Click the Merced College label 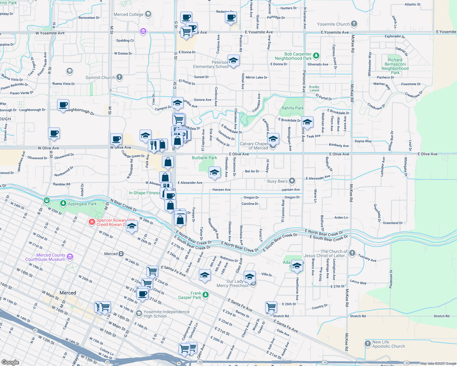click(128, 14)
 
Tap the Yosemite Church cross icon click(354, 24)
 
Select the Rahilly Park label click(292, 108)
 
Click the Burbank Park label click(204, 158)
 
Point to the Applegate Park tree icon click(63, 203)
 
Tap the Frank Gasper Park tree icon click(206, 295)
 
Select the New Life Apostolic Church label click(388, 344)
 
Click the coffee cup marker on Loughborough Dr click(63, 105)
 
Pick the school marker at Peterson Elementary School click(233, 60)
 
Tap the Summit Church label click(100, 77)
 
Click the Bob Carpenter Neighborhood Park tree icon click(316, 56)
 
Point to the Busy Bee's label click(277, 181)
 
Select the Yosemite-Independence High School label click(166, 314)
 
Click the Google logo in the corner click(10, 362)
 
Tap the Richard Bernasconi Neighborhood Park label click(395, 66)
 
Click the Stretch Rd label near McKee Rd click(358, 316)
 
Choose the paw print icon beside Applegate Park click(47, 200)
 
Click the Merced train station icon click(121, 254)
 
